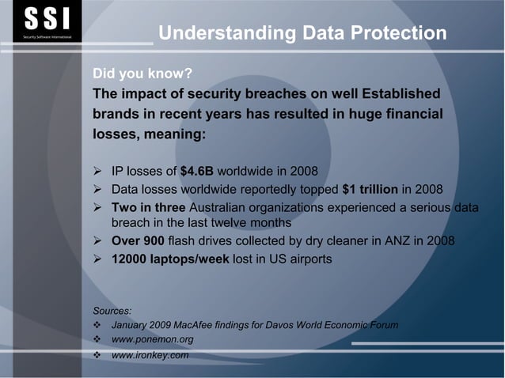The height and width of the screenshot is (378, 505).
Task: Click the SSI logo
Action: pos(47,22)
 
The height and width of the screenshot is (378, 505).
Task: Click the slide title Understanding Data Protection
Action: pos(302,33)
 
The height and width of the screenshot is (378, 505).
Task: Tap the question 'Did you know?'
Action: pos(142,74)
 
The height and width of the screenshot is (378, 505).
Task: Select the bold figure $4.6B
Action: pos(197,169)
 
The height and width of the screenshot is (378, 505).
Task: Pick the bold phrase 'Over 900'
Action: pos(138,242)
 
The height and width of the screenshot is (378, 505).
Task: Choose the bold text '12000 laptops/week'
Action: pos(170,259)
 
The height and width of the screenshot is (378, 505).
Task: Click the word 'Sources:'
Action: pos(112,310)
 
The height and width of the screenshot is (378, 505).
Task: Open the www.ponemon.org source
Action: pos(153,340)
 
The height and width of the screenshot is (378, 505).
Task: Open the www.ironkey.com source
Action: pos(150,355)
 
